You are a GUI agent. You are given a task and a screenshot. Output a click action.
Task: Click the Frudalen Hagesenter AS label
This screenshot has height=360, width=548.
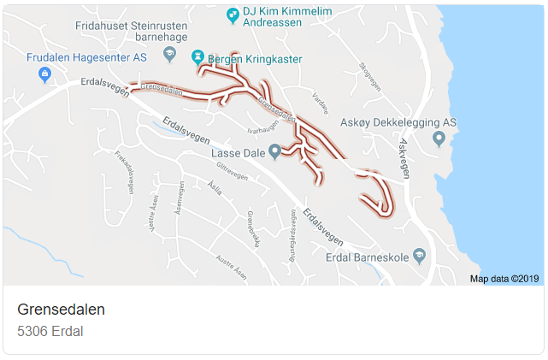[86, 57]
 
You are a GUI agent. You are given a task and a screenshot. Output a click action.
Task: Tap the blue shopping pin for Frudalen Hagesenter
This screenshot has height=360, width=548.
[44, 75]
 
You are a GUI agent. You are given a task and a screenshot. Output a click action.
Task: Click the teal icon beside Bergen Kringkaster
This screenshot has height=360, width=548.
[198, 56]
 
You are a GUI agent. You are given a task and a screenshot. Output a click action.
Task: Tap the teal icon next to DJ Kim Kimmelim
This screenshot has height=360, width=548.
[233, 15]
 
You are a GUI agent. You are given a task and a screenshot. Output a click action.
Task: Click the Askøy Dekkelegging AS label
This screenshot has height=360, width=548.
[398, 122]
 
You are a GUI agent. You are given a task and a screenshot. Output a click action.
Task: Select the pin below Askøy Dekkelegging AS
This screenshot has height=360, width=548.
[439, 138]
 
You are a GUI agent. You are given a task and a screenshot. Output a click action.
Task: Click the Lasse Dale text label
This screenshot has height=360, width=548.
[237, 152]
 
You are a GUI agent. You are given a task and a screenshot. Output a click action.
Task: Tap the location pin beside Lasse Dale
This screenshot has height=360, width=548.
[274, 151]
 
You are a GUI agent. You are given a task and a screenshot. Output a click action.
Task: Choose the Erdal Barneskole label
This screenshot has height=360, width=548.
[368, 256]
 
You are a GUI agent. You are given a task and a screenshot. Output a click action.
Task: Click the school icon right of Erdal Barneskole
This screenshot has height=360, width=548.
[419, 255]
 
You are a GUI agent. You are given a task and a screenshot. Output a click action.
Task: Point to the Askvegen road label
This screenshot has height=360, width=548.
[404, 158]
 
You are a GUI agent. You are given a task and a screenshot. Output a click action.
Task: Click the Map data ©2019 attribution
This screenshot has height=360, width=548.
[504, 279]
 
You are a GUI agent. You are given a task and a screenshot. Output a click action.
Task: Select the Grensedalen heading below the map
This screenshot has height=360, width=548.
[61, 310]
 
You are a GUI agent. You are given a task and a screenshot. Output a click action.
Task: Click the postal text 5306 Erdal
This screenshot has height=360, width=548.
[50, 331]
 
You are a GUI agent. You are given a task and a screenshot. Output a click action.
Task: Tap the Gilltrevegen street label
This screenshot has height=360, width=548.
[232, 171]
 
